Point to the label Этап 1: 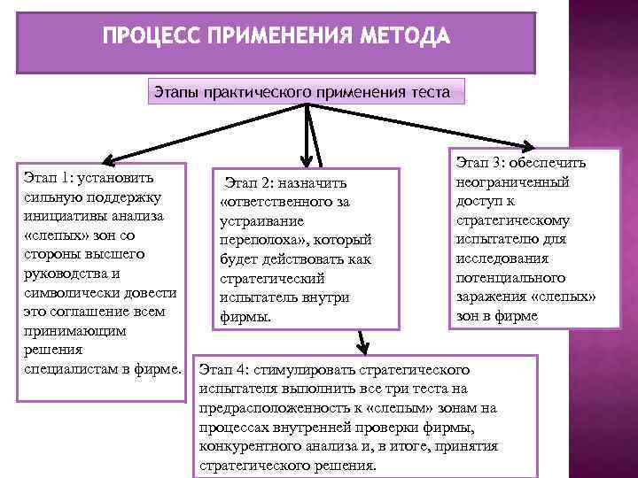[47, 177]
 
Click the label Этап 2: [251, 183]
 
